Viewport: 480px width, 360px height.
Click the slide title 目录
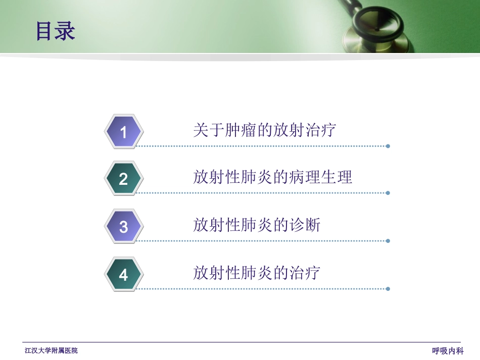coord(55,31)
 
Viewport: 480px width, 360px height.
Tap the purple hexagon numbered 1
coord(124,132)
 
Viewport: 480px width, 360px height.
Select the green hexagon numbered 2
coord(124,179)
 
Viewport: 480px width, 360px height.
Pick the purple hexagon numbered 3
coord(124,227)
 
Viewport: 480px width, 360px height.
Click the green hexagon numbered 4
coord(124,275)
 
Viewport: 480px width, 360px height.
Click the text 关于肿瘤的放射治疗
coord(264,130)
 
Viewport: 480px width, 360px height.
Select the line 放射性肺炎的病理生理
coord(272,177)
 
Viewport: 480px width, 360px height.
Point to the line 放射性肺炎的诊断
coord(256,225)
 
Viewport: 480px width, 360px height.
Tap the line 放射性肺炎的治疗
coord(256,273)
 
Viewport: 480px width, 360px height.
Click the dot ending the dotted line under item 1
coord(388,146)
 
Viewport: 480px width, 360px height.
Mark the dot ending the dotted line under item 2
coord(388,193)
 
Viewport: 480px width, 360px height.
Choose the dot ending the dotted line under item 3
coord(388,241)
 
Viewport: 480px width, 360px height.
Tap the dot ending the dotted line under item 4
coord(388,289)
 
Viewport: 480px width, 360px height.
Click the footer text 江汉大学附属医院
coord(52,350)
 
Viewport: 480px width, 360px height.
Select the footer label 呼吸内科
coord(448,351)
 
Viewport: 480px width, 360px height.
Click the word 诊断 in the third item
coord(305,225)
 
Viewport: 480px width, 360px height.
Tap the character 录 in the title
coord(65,31)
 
